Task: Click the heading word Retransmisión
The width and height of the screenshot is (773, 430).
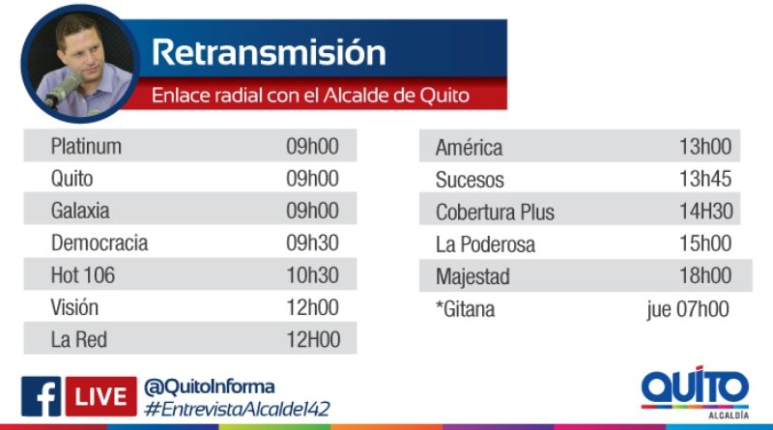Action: click(269, 52)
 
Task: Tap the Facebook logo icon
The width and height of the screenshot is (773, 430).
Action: click(41, 396)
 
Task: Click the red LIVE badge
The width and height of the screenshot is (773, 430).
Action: click(101, 396)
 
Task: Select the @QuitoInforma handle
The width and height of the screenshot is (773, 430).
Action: click(209, 387)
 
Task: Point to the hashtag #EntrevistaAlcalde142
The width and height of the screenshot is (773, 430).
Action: click(237, 410)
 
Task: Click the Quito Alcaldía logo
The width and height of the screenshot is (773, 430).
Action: click(695, 392)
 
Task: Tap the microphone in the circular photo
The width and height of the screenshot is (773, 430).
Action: click(63, 90)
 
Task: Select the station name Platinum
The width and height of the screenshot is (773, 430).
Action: click(86, 147)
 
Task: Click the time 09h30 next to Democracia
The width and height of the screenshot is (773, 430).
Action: click(312, 243)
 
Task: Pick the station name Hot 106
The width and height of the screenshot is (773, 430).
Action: click(83, 275)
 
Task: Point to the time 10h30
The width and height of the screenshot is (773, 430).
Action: click(312, 275)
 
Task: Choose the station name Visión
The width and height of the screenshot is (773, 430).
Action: click(74, 307)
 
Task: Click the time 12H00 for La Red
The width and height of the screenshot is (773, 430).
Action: click(313, 339)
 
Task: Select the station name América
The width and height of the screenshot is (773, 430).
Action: click(469, 147)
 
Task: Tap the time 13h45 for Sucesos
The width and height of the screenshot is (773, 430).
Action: click(705, 179)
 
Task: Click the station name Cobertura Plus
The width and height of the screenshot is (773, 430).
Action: click(495, 212)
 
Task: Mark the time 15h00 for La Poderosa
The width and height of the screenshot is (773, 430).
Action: click(705, 244)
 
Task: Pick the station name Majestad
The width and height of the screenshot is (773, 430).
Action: click(472, 276)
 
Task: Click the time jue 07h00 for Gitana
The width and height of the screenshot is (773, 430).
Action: click(688, 309)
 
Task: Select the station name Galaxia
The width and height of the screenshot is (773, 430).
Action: click(80, 211)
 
